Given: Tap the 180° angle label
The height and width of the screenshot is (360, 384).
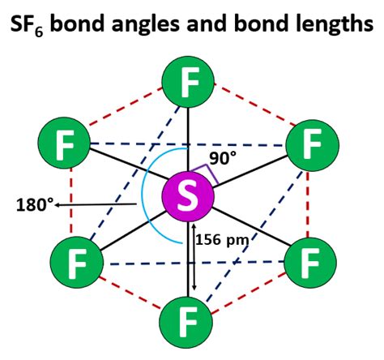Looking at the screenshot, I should pyautogui.click(x=34, y=204).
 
